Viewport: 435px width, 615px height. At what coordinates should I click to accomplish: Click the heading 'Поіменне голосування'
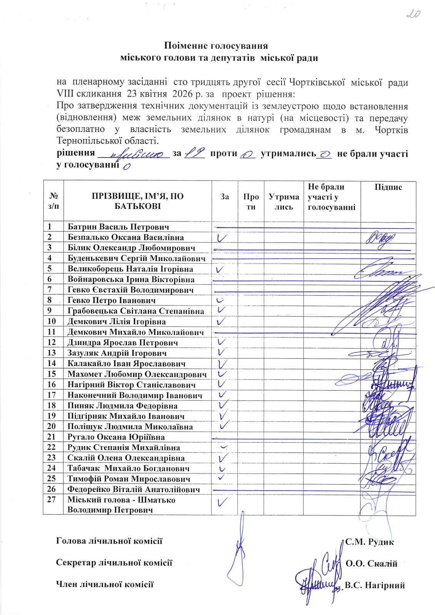[x=216, y=46]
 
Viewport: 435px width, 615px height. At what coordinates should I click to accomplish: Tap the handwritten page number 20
[x=413, y=14]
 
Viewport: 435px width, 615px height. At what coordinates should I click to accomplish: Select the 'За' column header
[x=225, y=196]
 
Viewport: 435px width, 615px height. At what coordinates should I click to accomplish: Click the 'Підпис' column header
[x=388, y=188]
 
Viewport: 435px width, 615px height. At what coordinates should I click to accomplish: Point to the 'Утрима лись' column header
[x=284, y=201]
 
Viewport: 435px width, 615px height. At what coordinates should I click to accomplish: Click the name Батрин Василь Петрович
[x=118, y=227]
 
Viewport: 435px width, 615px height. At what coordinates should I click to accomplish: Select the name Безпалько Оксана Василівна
[x=126, y=238]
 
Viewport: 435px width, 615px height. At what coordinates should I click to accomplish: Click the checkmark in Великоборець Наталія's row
[x=220, y=269]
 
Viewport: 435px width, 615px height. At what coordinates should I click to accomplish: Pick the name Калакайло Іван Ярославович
[x=127, y=363]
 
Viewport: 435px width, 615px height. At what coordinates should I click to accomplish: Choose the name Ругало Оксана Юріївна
[x=116, y=437]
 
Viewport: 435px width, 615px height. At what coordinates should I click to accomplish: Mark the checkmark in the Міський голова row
[x=222, y=502]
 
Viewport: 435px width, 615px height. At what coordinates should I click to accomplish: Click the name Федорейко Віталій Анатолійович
[x=134, y=489]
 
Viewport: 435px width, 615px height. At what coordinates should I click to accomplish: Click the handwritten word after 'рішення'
[x=137, y=155]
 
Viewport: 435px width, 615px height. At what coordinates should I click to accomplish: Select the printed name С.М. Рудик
[x=370, y=542]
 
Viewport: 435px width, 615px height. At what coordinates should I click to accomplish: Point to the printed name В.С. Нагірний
[x=375, y=585]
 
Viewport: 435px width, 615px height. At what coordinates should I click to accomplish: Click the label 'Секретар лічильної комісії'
[x=114, y=563]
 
